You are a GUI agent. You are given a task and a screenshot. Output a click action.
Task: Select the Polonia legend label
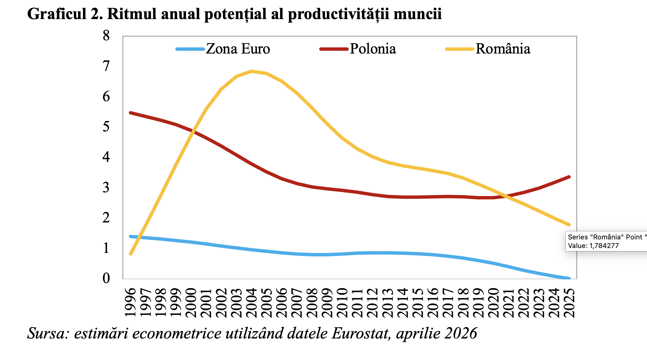373,49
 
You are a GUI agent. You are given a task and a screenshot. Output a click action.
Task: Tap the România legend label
503,49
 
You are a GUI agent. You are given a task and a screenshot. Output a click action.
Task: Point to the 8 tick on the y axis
106,36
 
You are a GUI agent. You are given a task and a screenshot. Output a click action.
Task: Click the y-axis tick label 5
106,127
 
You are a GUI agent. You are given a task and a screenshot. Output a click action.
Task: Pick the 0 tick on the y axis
106,278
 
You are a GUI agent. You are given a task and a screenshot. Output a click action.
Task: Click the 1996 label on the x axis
131,303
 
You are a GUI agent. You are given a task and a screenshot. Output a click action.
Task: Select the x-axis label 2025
570,303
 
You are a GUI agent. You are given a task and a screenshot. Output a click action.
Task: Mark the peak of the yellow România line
252,71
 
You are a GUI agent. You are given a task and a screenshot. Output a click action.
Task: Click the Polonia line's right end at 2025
569,177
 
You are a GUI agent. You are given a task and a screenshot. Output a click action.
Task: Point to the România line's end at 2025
569,225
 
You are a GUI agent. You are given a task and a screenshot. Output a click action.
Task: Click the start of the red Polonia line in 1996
130,113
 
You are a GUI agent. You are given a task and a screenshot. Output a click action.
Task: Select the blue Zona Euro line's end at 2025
569,278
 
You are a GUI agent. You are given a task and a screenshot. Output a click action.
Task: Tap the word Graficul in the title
57,14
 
